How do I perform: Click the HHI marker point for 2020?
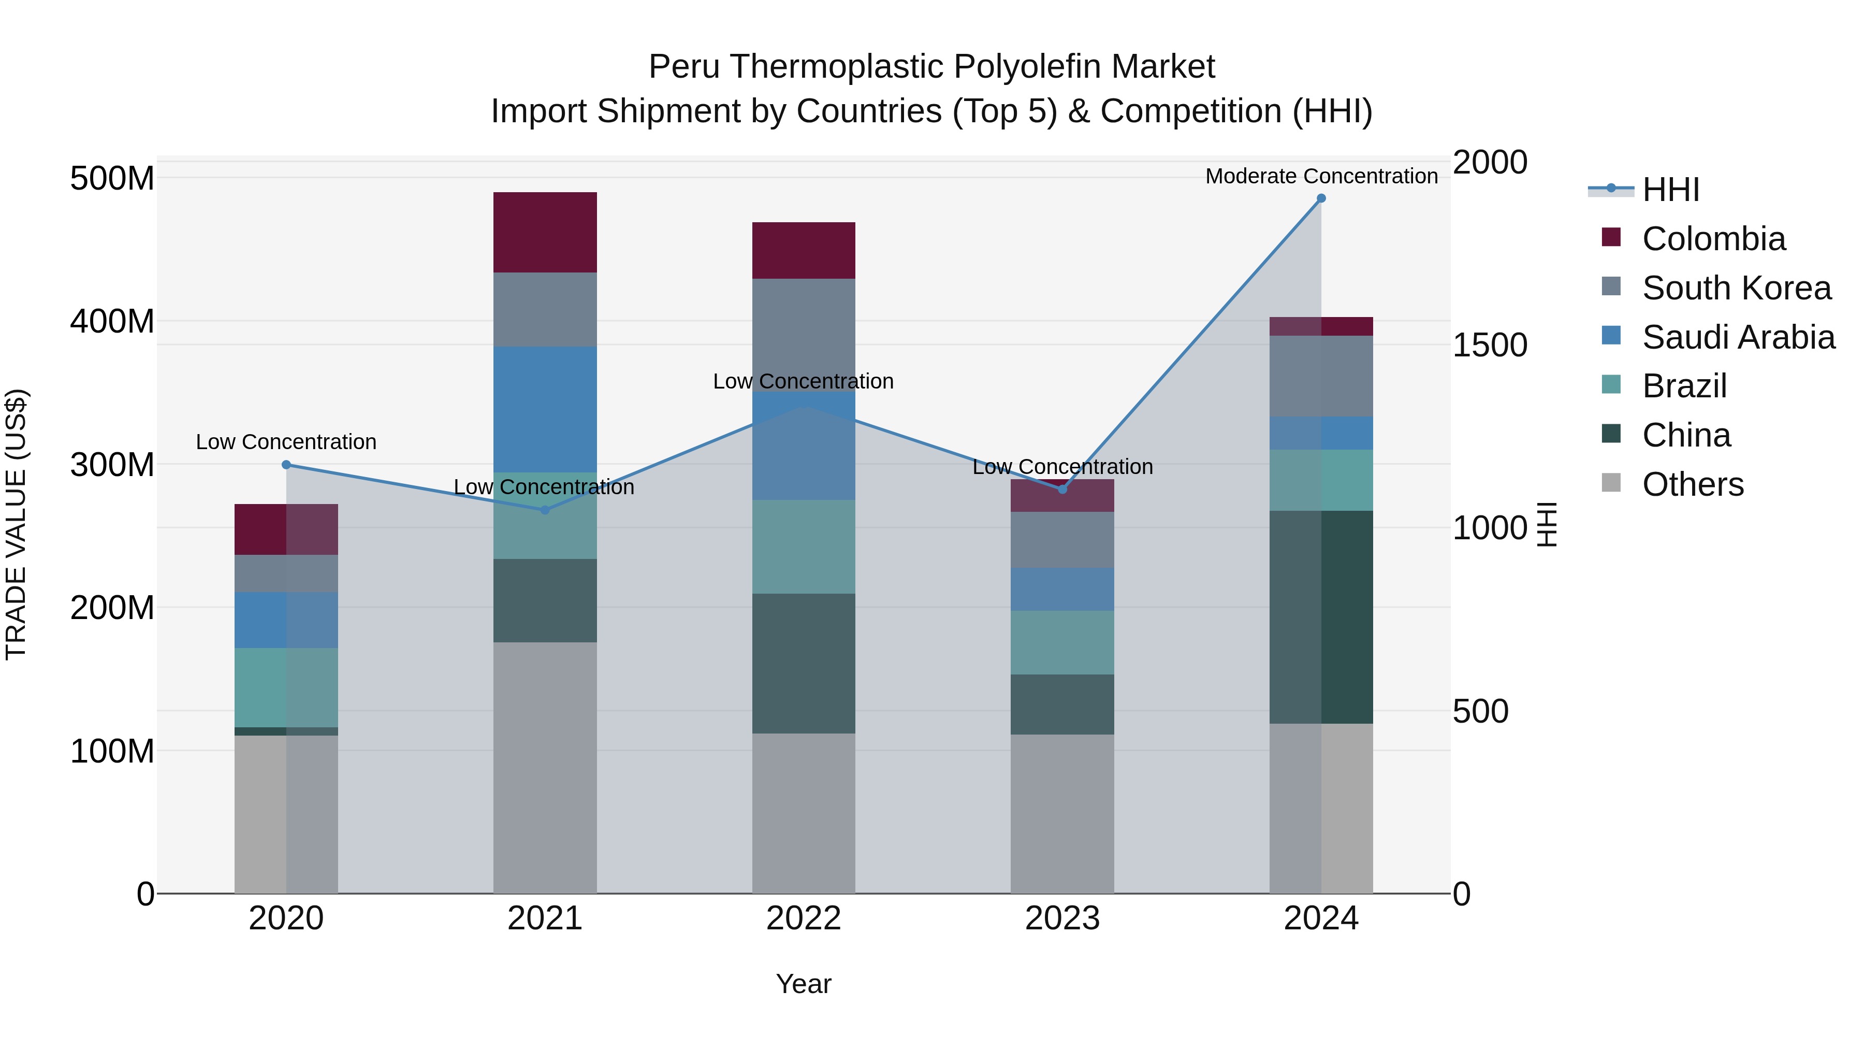(286, 465)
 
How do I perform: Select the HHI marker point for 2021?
(545, 510)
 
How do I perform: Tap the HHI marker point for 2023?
(1062, 490)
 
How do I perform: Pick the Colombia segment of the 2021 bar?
(545, 233)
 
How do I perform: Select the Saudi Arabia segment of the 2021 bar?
(545, 410)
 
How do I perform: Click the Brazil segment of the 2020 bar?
(286, 688)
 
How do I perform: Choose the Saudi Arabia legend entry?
(1737, 337)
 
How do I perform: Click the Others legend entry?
(1693, 484)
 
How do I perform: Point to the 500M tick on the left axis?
(112, 178)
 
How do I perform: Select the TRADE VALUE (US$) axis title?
(16, 524)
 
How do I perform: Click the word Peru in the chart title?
(684, 67)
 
